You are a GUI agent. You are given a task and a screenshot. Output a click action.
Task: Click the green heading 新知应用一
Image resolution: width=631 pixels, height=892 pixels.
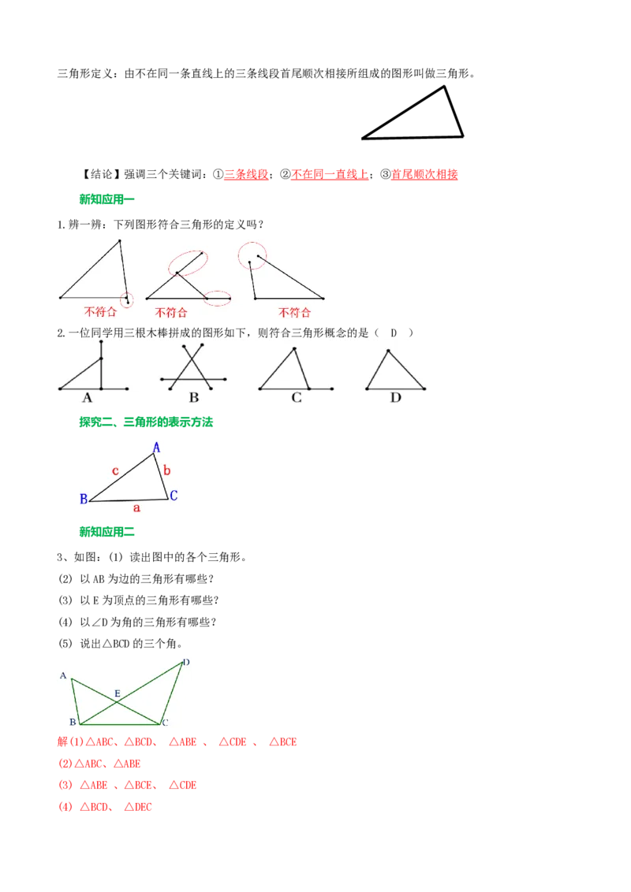point(106,199)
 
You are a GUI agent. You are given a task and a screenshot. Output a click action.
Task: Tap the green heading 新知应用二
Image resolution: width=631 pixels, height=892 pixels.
point(106,532)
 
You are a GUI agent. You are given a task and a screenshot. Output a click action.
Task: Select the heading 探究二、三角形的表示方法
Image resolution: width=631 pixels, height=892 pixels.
point(146,422)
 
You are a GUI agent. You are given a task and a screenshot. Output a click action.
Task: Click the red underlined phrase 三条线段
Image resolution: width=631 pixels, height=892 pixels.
point(246,175)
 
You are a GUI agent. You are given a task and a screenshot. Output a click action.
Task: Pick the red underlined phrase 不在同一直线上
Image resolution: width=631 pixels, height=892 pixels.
point(330,175)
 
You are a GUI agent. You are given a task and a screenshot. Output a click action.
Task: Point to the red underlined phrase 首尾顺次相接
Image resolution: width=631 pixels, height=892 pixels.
point(424,175)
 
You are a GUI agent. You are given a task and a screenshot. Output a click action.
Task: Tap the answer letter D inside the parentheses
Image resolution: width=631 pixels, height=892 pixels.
point(394,333)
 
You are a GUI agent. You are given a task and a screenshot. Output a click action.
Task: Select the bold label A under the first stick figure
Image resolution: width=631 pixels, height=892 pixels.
point(87,398)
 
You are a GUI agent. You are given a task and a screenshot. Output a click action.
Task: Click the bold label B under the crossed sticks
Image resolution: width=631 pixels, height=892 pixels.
point(193,398)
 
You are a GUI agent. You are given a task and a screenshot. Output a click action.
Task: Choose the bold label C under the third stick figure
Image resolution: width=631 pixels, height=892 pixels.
point(297,398)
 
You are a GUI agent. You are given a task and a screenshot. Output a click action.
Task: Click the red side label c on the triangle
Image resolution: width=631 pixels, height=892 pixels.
point(115,471)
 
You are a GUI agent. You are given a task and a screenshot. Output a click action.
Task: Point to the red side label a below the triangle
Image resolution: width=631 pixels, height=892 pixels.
point(136,507)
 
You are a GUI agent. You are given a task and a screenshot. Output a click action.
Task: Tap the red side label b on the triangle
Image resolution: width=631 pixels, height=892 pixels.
point(167,470)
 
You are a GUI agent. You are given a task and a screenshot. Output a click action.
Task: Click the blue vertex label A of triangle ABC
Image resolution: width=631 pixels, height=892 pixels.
point(157,448)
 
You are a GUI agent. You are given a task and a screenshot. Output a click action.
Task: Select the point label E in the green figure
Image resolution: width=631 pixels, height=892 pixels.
point(118,693)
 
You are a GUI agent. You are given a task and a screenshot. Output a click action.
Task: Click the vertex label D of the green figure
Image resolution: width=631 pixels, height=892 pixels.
point(186,662)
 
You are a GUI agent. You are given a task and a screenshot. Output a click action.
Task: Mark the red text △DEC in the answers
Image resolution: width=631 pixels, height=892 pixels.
point(138,807)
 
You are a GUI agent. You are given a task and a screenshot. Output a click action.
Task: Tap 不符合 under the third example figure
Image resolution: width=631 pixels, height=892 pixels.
point(294,312)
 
